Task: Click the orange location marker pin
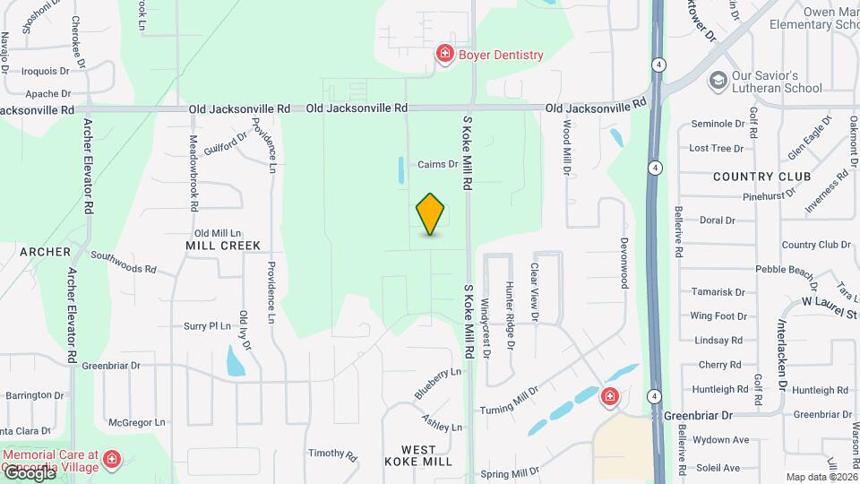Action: [430, 213]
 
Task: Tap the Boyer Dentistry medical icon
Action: [444, 56]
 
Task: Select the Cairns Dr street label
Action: [438, 165]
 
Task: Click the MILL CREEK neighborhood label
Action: [223, 246]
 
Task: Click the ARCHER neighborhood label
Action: [45, 253]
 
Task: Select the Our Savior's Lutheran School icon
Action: [718, 82]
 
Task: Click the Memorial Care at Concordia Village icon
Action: [112, 460]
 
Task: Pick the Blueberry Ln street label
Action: [438, 383]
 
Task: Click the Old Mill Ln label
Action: [219, 232]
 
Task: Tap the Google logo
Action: [29, 472]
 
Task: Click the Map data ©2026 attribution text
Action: [820, 477]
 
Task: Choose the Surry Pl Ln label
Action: [208, 326]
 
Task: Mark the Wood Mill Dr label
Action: [566, 148]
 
